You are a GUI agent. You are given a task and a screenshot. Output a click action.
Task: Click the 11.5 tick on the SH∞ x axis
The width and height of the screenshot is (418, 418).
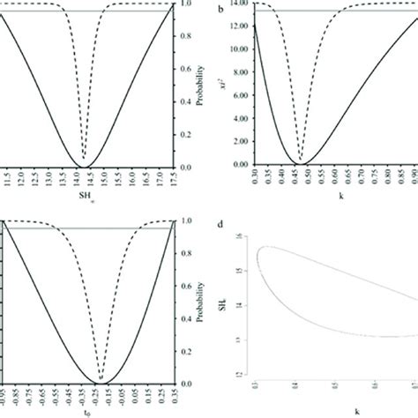pos(8,179)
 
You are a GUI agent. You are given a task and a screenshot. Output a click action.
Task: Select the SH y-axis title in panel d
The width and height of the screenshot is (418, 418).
pos(223,304)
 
